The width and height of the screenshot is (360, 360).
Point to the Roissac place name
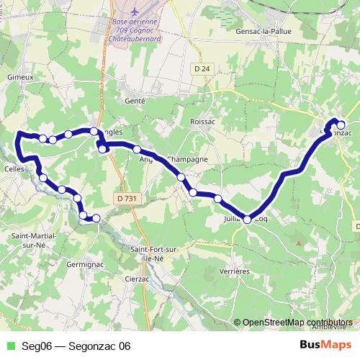tap(202, 122)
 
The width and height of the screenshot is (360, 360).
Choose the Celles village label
tap(13, 169)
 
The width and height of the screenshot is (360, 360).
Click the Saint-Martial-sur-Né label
tap(30, 240)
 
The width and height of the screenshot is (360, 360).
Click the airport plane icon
tap(137, 12)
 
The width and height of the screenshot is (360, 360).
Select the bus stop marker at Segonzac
tap(341, 125)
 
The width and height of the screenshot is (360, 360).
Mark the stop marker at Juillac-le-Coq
tap(248, 219)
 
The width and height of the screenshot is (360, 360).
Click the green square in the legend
tap(10, 346)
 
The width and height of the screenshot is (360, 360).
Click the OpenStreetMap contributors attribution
tap(298, 323)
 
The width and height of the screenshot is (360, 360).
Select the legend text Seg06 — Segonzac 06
tap(76, 346)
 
